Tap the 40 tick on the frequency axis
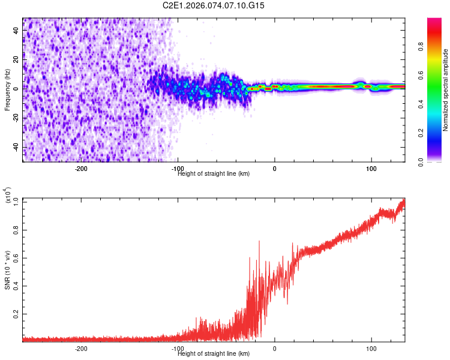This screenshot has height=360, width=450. (x=16, y=31)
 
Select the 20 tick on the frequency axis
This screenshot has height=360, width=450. (x=16, y=60)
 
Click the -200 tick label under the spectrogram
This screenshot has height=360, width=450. (x=81, y=169)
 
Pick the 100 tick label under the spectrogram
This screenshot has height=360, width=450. (x=371, y=169)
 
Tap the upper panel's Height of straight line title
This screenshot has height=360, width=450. (x=214, y=173)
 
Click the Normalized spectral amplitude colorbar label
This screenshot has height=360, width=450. (x=446, y=91)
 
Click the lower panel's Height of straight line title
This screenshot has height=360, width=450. (x=214, y=353)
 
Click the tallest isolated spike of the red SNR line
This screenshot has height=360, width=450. (x=259, y=241)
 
